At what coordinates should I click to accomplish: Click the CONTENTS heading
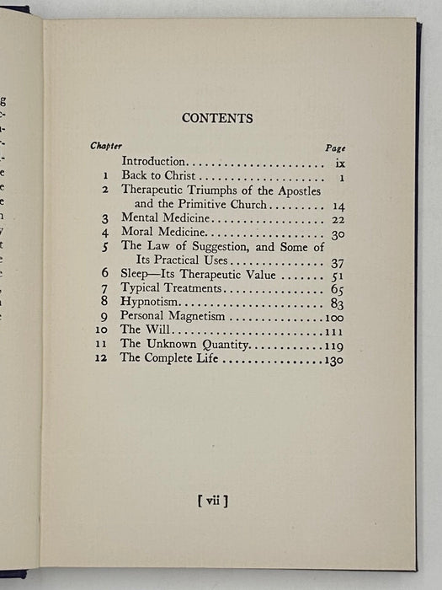click(x=217, y=118)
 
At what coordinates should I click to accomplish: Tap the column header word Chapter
click(x=106, y=146)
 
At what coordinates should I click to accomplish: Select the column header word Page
click(x=335, y=147)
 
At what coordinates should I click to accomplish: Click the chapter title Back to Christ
click(x=158, y=175)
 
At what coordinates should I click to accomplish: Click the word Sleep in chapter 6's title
click(x=137, y=274)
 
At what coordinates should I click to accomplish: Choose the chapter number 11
click(x=101, y=345)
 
